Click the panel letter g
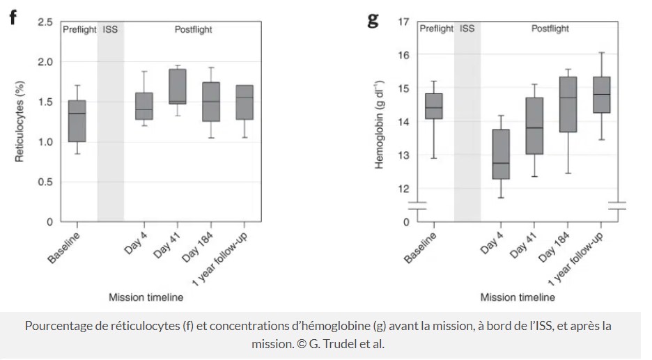coord(373,19)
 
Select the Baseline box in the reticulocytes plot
coord(77,121)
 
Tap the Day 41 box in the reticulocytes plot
coord(178,86)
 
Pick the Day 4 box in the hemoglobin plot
coord(502,154)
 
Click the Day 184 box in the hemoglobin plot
coord(568,104)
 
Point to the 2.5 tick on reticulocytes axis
coord(45,22)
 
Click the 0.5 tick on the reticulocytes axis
coord(45,182)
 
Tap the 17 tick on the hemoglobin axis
coord(403,22)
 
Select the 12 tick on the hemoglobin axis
coord(403,189)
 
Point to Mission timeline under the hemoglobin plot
coord(518,297)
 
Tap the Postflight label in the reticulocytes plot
coord(193,30)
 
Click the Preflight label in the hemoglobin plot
coord(436,29)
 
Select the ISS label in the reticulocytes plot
coord(110,30)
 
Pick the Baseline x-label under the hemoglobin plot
coord(421,248)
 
